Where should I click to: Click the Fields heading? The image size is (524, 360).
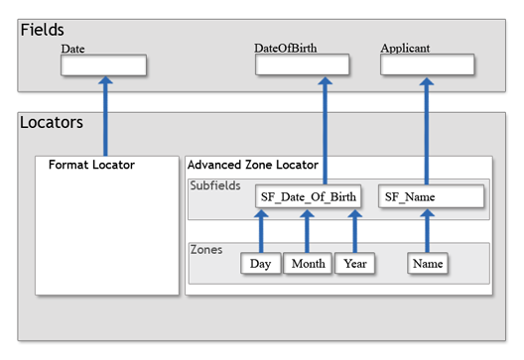coord(45,31)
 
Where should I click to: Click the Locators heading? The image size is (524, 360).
coord(52,123)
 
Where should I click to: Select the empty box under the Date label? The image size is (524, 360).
coord(104,65)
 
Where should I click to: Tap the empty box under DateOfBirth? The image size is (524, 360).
coord(303,64)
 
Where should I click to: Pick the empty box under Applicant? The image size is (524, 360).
coord(428,64)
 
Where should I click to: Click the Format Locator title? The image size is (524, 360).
coord(91,165)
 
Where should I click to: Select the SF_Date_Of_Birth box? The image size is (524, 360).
coord(308,196)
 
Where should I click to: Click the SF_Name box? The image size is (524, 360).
coord(431,196)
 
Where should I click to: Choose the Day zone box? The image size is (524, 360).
coord(261,264)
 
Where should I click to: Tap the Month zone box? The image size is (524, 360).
coord(308,264)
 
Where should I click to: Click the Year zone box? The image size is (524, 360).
coord(353,264)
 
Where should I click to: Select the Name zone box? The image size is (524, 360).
coord(428,264)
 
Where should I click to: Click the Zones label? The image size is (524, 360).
coord(206,250)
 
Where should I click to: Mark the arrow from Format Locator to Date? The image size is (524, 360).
coord(105,116)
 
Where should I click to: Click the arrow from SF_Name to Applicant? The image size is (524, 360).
coord(427,129)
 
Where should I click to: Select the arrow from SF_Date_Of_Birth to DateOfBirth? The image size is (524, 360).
coord(324,129)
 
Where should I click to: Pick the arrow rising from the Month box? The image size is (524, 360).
coord(308,232)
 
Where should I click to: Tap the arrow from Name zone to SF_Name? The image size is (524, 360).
coord(427,232)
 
